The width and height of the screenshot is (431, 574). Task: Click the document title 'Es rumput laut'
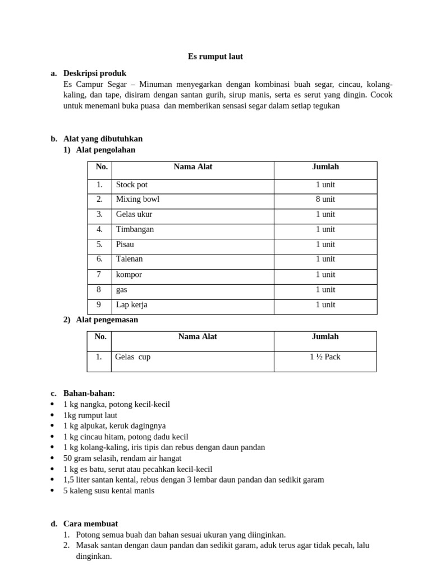215,57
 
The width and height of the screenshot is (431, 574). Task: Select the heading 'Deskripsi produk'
95,73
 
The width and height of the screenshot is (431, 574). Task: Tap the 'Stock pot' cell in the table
132,184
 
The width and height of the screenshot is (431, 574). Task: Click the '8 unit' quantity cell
325,199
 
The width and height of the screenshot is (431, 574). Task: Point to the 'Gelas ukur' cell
134,214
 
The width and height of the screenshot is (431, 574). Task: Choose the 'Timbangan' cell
135,229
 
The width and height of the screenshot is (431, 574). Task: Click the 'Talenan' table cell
129,259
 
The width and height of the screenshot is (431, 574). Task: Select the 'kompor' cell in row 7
129,275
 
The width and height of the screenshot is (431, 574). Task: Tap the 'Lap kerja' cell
132,305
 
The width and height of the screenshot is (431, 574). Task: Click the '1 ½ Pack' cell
325,357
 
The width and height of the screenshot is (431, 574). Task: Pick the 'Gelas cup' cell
133,357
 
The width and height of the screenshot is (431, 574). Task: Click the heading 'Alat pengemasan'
107,320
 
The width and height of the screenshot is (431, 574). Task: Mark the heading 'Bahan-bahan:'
89,393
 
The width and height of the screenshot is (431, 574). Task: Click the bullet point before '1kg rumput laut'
53,415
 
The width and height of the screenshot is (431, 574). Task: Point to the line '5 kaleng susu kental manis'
109,490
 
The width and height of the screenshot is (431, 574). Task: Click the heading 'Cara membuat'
90,524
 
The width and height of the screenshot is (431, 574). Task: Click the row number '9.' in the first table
99,305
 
